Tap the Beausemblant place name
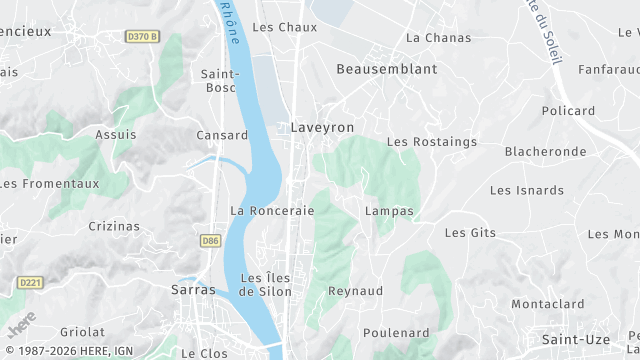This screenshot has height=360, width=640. (387, 69)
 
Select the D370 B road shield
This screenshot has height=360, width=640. (143, 37)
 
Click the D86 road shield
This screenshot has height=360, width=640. (210, 241)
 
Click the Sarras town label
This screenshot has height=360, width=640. (193, 289)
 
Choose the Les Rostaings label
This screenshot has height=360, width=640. (432, 142)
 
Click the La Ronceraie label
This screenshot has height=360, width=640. (272, 211)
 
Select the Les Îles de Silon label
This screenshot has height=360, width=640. (266, 284)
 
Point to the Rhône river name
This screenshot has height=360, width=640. (230, 22)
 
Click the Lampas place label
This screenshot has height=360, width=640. (389, 211)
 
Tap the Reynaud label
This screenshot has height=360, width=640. (357, 291)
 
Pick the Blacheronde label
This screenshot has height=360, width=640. (545, 152)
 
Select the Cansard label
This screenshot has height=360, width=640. (222, 135)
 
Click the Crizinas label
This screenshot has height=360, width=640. (113, 226)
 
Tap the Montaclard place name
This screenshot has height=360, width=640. (547, 304)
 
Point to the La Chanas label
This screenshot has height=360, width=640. (438, 38)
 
